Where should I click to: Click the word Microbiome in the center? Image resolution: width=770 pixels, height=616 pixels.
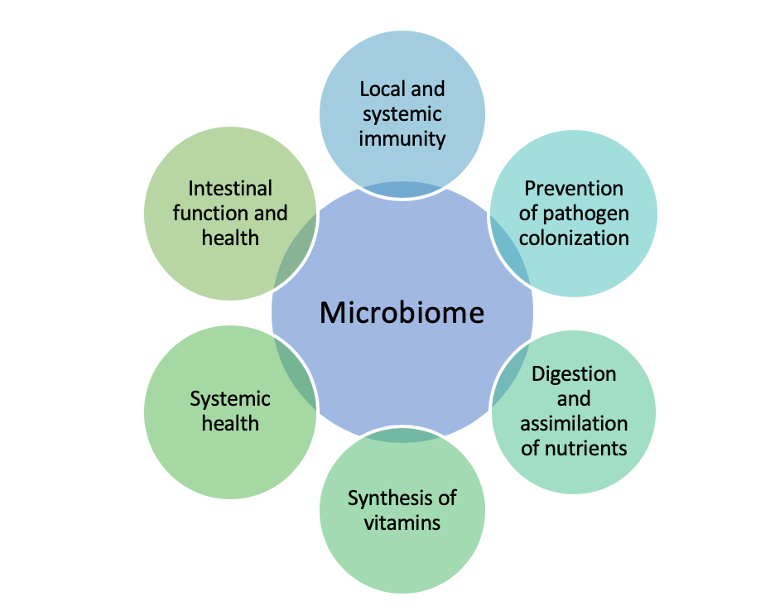click(402, 312)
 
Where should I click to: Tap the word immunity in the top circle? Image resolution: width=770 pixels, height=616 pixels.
click(402, 137)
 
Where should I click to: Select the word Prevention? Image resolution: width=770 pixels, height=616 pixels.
click(573, 188)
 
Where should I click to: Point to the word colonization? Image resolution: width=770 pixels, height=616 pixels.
click(573, 238)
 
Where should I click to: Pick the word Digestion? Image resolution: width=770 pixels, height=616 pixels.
click(573, 373)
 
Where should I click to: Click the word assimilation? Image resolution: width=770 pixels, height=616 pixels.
click(573, 423)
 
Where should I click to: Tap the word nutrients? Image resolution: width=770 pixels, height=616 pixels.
click(586, 448)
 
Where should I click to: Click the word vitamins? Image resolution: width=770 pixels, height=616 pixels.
click(402, 522)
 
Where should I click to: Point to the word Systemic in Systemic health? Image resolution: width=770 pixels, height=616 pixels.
click(230, 398)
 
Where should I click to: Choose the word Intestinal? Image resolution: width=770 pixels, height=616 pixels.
click(230, 188)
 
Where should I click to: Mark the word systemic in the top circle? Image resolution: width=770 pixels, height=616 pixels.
click(402, 113)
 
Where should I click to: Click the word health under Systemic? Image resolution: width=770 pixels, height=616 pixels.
click(230, 423)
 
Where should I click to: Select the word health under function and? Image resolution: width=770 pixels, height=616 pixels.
click(230, 238)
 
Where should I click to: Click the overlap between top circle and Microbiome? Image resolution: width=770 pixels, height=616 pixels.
click(402, 189)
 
